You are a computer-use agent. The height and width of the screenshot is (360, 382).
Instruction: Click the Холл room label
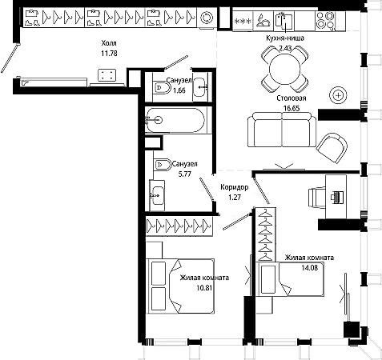coord(109,43)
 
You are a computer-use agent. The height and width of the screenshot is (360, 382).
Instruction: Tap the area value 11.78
coord(109,54)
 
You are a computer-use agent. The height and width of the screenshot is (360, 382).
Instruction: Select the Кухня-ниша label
coord(285,38)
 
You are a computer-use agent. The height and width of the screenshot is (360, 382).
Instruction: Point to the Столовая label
coord(292,98)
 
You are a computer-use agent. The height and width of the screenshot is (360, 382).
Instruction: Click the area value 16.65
coord(292,108)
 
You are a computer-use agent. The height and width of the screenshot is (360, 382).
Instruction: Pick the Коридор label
coord(235,187)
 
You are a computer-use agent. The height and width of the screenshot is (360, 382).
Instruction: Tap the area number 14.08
coord(310,267)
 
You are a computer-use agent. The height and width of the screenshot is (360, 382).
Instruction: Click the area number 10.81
coord(204,288)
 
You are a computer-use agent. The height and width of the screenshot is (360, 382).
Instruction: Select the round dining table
coord(285,69)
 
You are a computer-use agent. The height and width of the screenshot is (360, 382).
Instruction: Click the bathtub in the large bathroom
coord(175,120)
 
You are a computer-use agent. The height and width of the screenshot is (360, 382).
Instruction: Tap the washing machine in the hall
coord(207,18)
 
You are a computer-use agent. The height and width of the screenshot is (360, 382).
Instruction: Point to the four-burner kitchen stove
coord(325,20)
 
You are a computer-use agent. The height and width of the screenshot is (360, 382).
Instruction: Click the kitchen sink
coord(284,20)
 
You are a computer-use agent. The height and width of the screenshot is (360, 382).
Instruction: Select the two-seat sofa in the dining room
coord(282,130)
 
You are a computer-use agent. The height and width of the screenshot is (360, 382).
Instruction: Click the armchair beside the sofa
coord(332,147)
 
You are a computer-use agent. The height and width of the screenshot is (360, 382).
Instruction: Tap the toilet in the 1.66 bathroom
coord(162,87)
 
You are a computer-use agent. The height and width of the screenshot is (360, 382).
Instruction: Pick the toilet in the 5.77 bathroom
coord(162,165)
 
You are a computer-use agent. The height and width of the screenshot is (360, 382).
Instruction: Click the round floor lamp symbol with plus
coord(338,95)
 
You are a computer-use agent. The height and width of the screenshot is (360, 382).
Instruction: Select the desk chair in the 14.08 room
coord(317,197)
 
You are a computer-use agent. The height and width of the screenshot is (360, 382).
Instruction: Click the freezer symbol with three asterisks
coord(243,21)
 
